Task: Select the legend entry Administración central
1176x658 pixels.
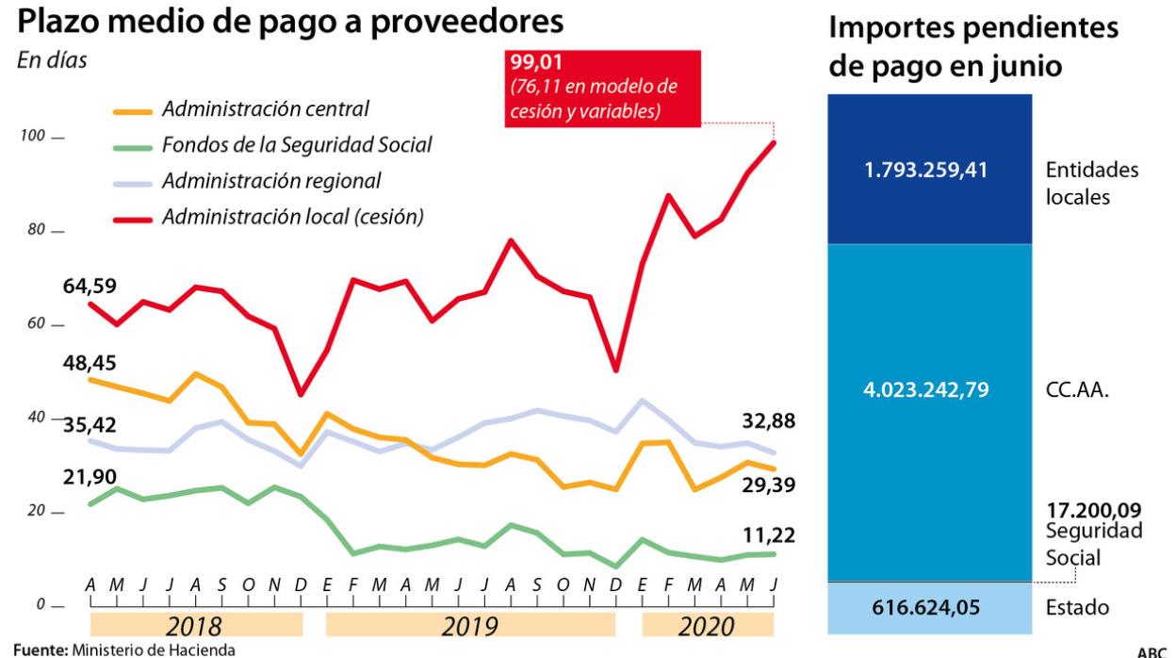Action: coord(265,108)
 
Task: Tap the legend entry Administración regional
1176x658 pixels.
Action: coord(271,180)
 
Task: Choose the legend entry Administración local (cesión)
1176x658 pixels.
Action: coord(292,216)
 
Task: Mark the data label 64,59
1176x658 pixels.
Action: coord(90,285)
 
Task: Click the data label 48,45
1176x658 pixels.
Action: coord(90,363)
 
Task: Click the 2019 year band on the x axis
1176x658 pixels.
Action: coord(470,625)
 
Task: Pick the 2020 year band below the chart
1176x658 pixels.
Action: coord(708,625)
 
